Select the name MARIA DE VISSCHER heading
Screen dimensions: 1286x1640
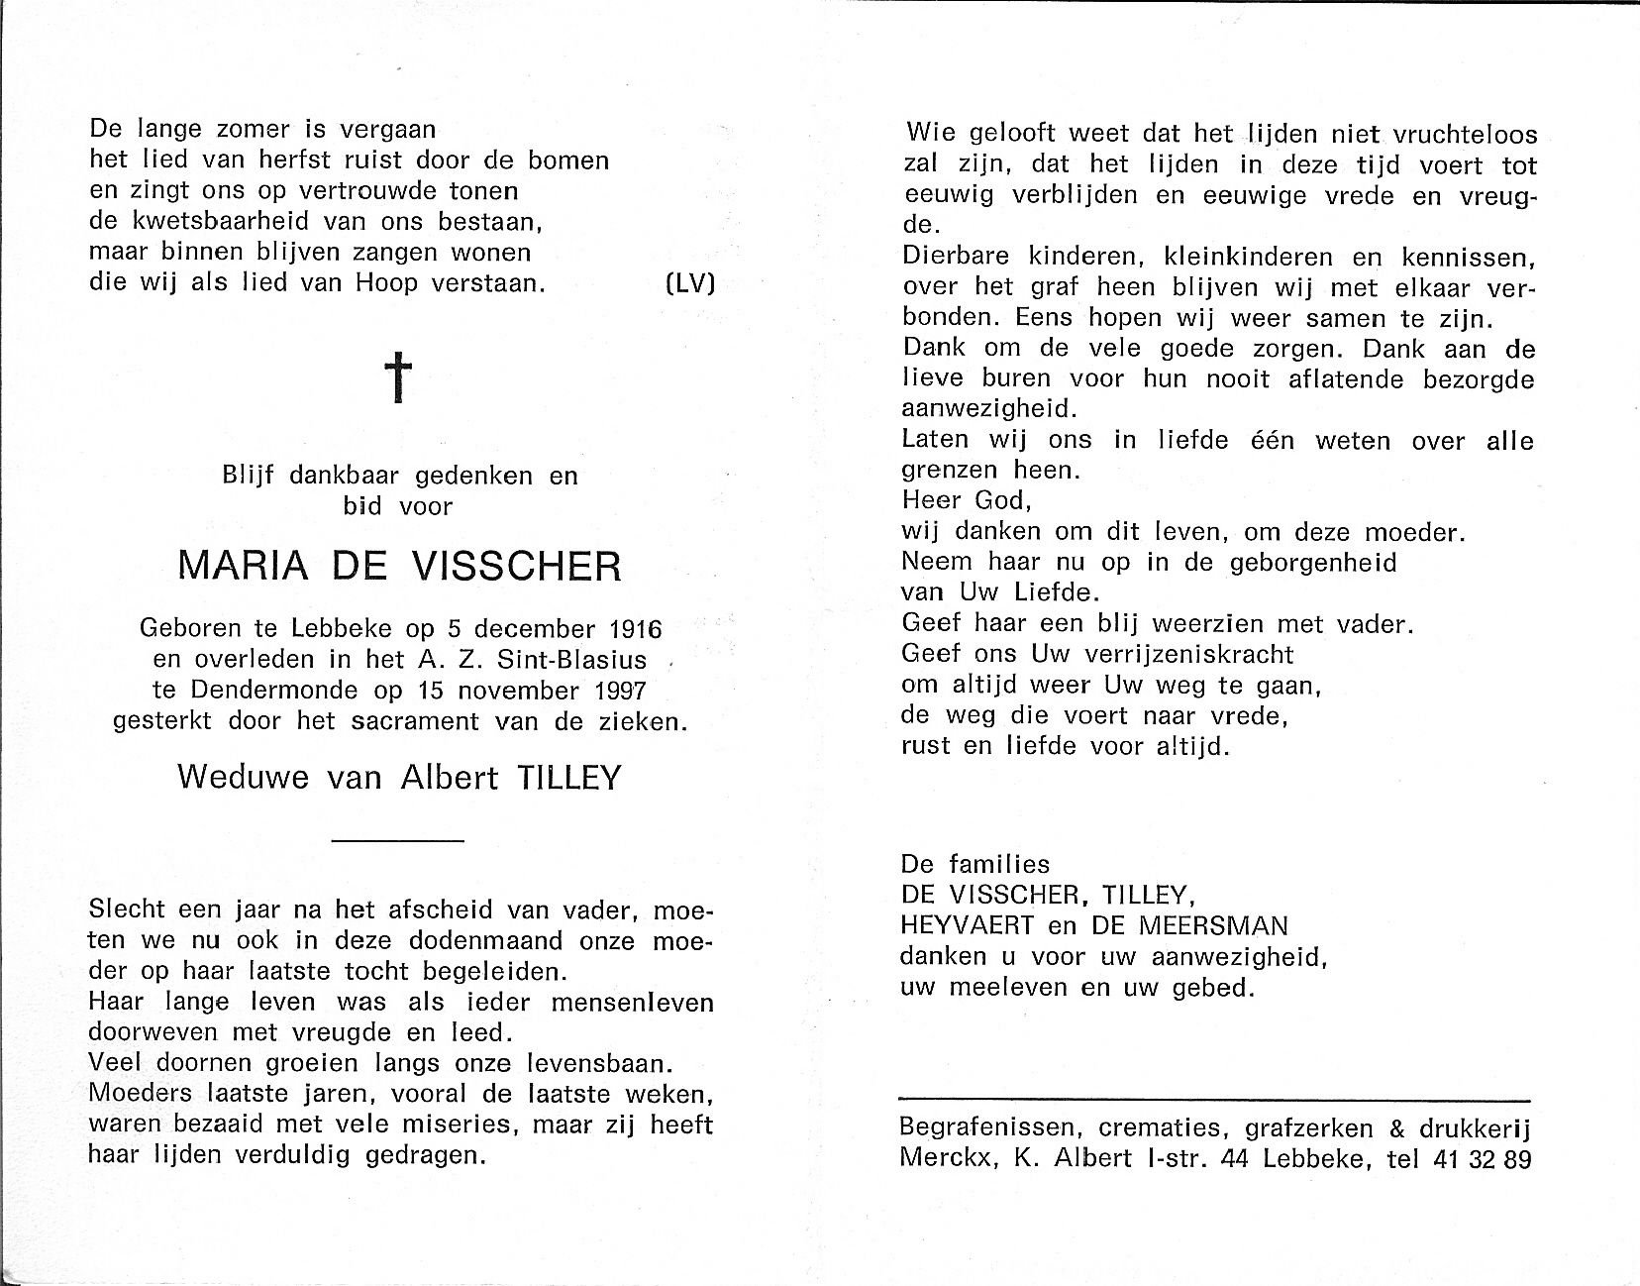coord(399,567)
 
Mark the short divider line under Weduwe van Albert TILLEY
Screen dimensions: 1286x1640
coord(397,841)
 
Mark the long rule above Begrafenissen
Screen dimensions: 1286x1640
coord(1214,1100)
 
